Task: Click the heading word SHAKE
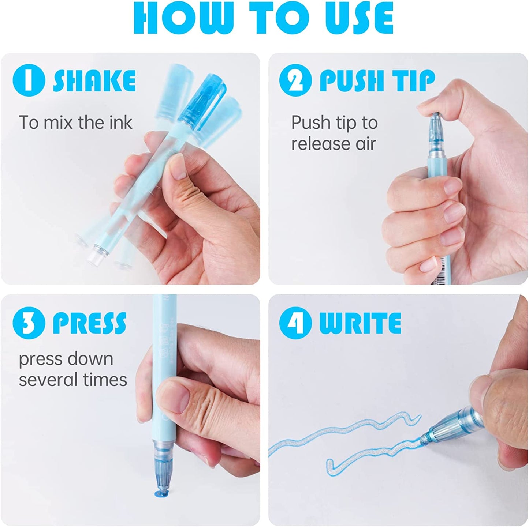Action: (94, 80)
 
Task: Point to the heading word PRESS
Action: (89, 323)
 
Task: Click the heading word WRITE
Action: (360, 323)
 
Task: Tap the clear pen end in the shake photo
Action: (96, 254)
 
